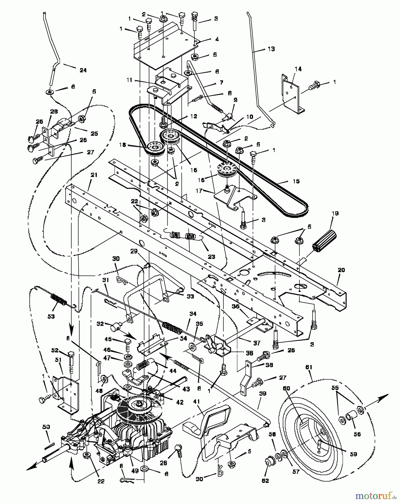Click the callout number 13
[x=271, y=49]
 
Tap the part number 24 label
[x=83, y=70]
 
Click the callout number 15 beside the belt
[x=296, y=181]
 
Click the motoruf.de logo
[x=376, y=496]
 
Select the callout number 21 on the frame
[x=94, y=175]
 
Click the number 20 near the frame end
[x=341, y=270]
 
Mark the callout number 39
[x=263, y=393]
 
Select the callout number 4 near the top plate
[x=217, y=39]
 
